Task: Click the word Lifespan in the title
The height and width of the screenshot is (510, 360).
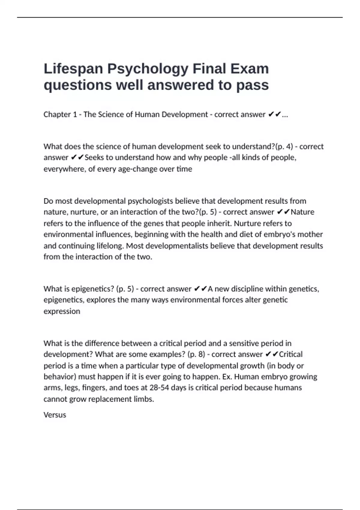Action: coord(73,69)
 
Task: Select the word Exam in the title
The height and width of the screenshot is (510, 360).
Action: coord(250,69)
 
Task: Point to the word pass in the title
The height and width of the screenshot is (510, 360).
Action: coord(252,85)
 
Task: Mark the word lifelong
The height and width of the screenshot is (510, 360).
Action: coord(110,246)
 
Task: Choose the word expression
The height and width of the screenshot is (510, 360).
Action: coord(62,311)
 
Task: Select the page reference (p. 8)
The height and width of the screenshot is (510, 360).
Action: coord(196,354)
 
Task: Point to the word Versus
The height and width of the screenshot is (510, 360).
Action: coord(55,415)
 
